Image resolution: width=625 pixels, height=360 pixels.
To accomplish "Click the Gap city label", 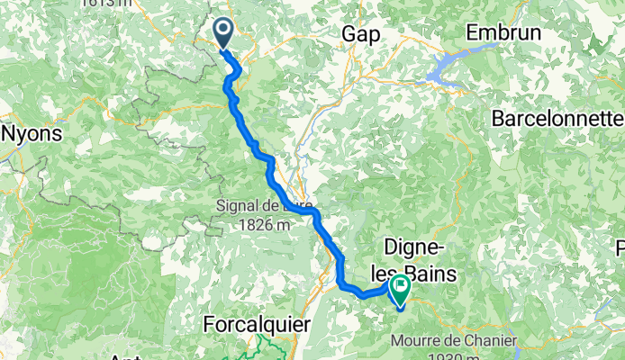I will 359,34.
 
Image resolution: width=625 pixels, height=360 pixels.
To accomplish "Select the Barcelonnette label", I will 557,118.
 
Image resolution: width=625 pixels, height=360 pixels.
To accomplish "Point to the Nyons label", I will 32,133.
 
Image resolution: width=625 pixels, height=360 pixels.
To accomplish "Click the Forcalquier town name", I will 257,321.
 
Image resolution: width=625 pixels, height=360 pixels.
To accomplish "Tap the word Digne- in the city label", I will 416,247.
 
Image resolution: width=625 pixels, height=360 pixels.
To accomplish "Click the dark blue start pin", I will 223,34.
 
